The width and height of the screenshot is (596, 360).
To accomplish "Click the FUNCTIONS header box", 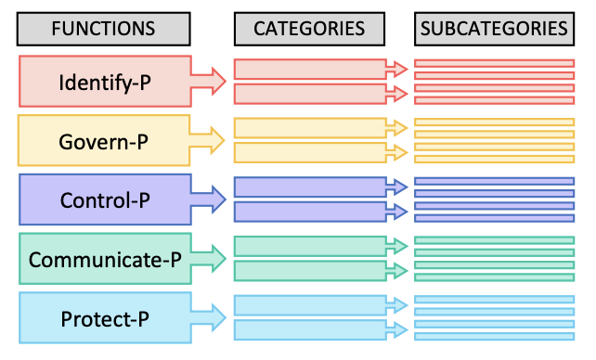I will pos(104,29).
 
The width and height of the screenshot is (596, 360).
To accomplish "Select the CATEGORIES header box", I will pos(310,29).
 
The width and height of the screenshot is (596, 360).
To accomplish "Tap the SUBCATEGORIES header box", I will pos(494,29).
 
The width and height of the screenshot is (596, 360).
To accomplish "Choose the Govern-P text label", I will pos(104,142).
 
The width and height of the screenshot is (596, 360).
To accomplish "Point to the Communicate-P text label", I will pos(104,260).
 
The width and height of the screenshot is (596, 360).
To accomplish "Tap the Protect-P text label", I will pos(104,319).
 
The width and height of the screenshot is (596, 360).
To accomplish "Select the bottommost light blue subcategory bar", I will pos(494,336).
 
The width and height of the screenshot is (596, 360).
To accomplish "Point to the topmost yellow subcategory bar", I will pos(494,122).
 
